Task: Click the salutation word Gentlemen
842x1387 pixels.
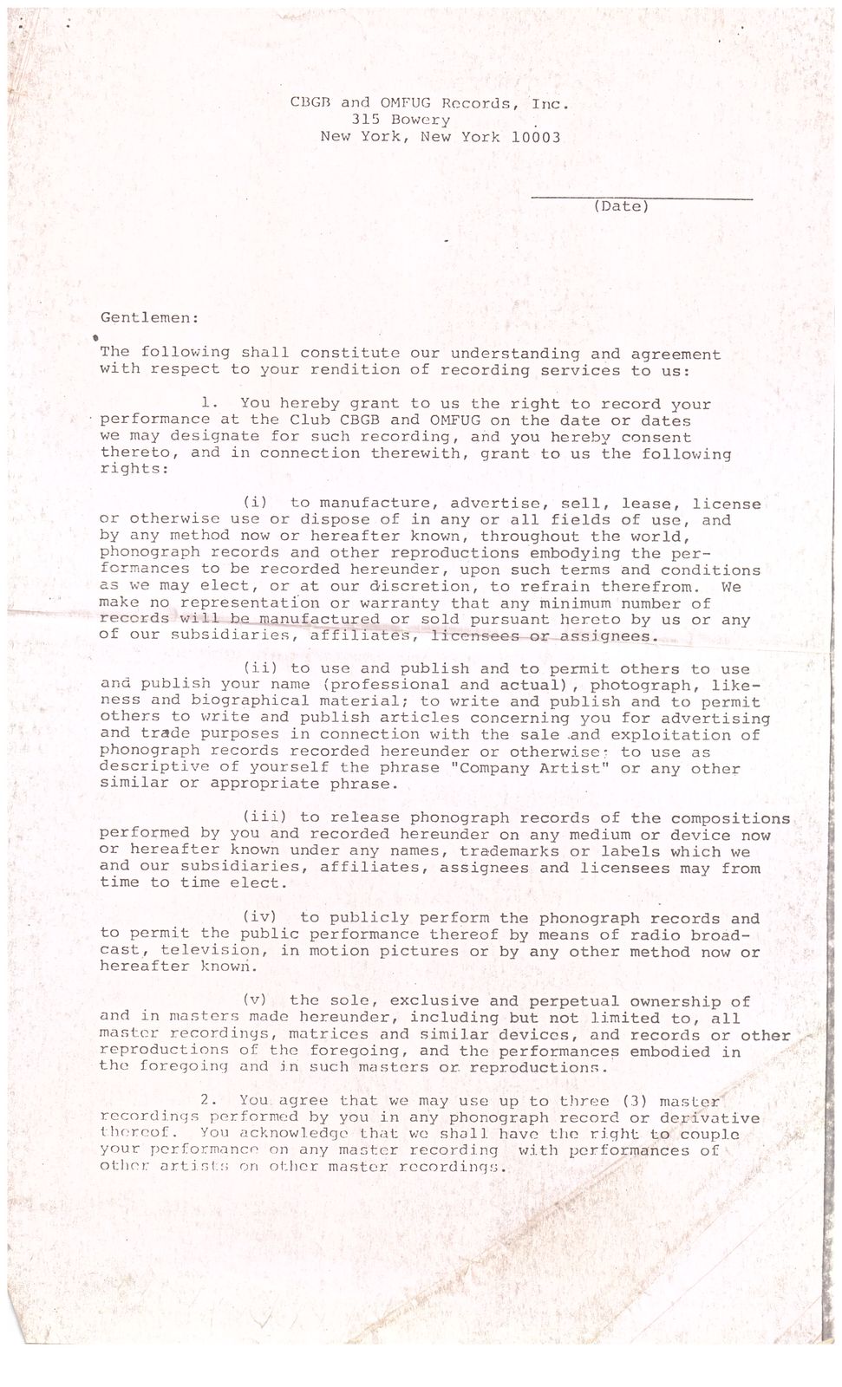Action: tap(149, 318)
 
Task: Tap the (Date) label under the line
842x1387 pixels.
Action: tap(621, 206)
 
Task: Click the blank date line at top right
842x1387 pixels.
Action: tap(642, 199)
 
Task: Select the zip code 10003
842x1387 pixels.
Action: tap(535, 137)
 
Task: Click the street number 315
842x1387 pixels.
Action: tap(366, 120)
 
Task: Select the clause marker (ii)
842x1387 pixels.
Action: tap(258, 668)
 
